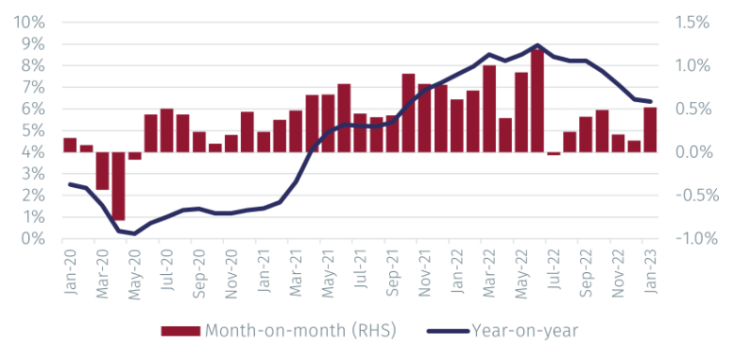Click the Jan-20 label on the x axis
[x=70, y=274]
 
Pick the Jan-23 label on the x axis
[x=650, y=274]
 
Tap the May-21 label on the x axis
[x=328, y=274]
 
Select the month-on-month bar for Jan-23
[x=650, y=129]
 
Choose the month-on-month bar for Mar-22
[x=489, y=109]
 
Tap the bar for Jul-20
[x=166, y=130]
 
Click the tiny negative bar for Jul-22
[x=554, y=153]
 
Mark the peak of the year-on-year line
[x=537, y=45]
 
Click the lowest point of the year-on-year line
[x=134, y=233]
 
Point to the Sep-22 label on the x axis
[x=586, y=274]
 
